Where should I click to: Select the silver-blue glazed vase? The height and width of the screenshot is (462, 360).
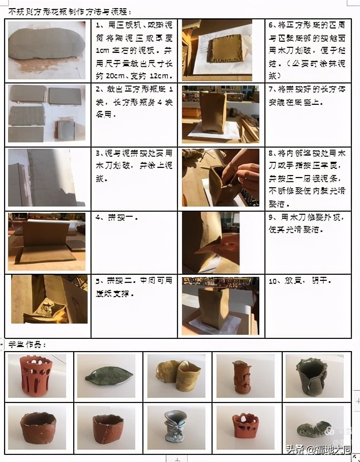(x=175, y=427)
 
